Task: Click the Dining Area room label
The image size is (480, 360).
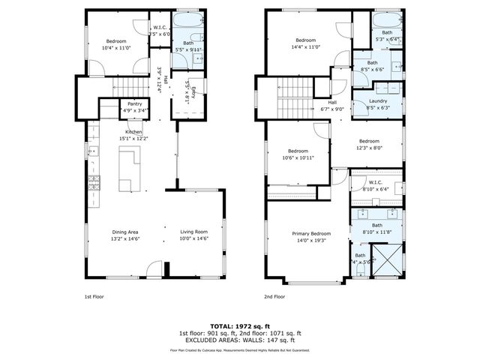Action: click(x=126, y=235)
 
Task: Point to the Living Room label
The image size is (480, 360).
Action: click(x=193, y=235)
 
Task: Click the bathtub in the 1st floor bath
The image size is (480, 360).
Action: click(x=185, y=21)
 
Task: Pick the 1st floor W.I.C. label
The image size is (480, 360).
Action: click(x=160, y=31)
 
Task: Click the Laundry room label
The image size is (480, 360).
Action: click(x=378, y=103)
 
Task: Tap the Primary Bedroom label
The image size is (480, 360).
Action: click(x=311, y=236)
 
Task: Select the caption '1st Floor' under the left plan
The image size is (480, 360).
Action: click(x=93, y=296)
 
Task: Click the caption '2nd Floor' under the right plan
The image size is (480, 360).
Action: click(x=274, y=296)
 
